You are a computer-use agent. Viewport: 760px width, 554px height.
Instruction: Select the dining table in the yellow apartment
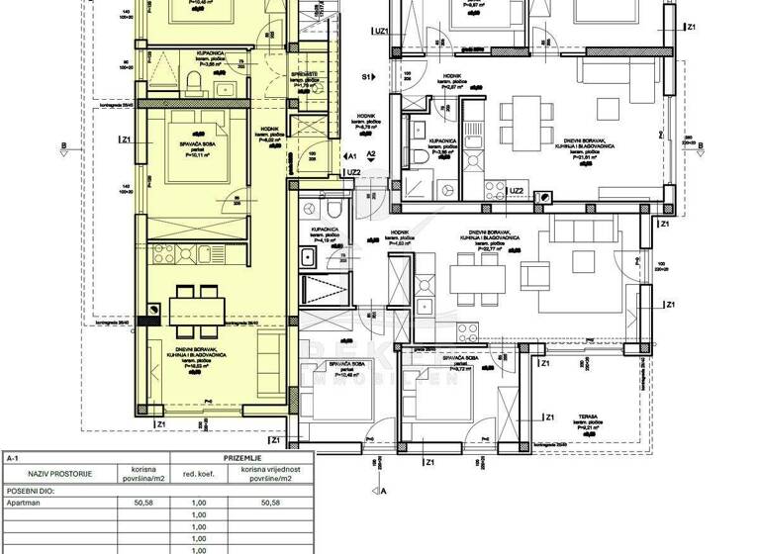pos(194,310)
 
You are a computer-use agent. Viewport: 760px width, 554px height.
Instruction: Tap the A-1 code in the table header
pos(12,459)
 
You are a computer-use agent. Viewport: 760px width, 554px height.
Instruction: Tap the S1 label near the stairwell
pos(365,76)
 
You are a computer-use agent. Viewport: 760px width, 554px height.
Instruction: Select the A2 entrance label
pos(371,155)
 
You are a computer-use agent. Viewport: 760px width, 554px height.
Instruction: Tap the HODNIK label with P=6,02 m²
pos(269,134)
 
